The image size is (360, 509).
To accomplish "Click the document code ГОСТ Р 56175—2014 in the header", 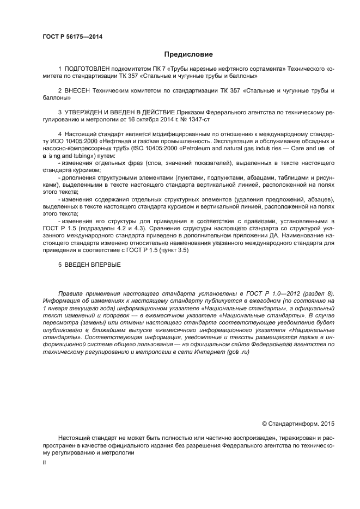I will click(72, 37).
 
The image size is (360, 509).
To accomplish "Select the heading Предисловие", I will click(188, 54).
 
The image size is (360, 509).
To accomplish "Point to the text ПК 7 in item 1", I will click(144, 70).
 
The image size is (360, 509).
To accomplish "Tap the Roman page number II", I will click(45, 462).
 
